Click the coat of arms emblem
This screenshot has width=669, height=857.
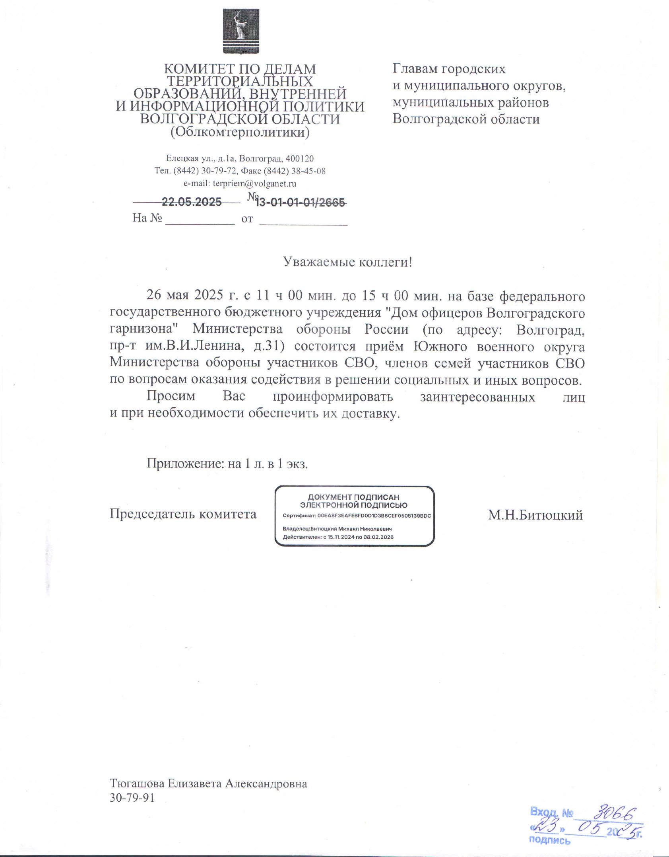click(x=240, y=31)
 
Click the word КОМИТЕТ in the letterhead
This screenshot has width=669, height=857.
click(x=193, y=69)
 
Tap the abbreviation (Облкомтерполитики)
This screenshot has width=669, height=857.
click(x=240, y=132)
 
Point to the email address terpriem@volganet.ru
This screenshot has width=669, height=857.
click(x=254, y=184)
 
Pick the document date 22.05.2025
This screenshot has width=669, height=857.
click(x=192, y=202)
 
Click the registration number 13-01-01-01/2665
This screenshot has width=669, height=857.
click(x=300, y=203)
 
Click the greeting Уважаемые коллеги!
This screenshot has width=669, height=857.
click(x=347, y=262)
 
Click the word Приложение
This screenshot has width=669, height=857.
click(x=183, y=463)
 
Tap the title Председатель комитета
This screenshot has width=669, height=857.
click(x=183, y=514)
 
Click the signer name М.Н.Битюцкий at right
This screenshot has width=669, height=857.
click(x=535, y=515)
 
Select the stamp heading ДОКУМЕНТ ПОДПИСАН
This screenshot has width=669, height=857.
click(x=353, y=497)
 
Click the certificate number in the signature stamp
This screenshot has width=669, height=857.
click(x=374, y=516)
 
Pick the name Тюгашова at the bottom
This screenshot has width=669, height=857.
click(x=137, y=783)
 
